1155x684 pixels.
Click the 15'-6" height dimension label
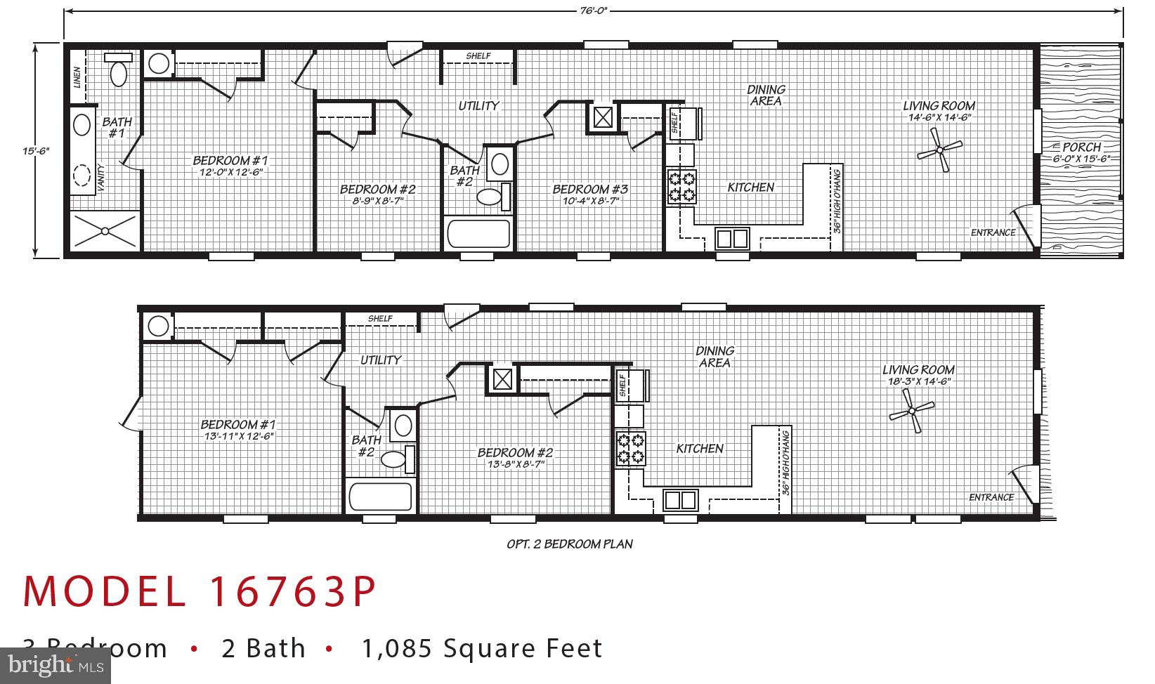click(x=35, y=150)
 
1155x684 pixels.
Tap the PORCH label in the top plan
click(x=1081, y=147)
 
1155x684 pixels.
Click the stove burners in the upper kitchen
click(x=681, y=187)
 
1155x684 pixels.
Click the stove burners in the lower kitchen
click(x=630, y=449)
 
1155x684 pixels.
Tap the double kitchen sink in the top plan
click(x=732, y=239)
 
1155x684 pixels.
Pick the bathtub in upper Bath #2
click(x=478, y=234)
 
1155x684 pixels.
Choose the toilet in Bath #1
click(x=119, y=69)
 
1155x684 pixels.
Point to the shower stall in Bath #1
click(x=105, y=230)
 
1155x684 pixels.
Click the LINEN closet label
click(x=77, y=77)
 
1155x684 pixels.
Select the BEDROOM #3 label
click(x=590, y=189)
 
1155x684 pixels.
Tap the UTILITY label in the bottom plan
click(x=380, y=360)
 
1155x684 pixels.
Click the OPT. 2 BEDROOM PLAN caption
click(x=569, y=544)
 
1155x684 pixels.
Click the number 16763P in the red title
click(x=293, y=592)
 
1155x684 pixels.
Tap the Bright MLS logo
click(x=56, y=665)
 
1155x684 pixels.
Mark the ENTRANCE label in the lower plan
click(x=991, y=497)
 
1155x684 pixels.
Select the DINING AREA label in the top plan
click(x=765, y=95)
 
